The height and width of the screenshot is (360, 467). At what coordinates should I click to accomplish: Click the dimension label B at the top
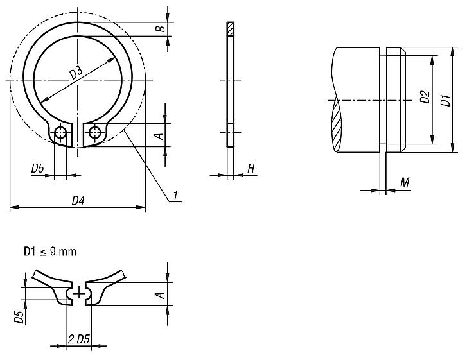click(x=161, y=28)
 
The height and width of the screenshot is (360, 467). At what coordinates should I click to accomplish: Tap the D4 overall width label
click(x=78, y=201)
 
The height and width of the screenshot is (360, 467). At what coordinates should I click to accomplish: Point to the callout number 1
click(x=175, y=194)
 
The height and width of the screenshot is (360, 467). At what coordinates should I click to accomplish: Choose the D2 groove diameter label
click(x=425, y=98)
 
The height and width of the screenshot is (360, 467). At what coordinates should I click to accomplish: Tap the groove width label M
click(x=405, y=184)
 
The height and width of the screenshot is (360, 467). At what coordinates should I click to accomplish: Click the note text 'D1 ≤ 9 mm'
click(x=49, y=252)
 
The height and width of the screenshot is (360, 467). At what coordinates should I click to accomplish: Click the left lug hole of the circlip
click(x=61, y=133)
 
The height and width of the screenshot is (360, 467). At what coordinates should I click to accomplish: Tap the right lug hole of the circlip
click(x=94, y=133)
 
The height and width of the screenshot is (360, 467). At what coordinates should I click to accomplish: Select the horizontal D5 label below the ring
click(x=38, y=169)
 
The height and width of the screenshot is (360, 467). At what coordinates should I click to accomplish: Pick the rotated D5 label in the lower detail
click(x=20, y=318)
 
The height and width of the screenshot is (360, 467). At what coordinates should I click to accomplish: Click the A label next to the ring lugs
click(x=156, y=134)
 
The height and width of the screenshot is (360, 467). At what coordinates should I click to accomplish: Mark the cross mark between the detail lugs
click(x=78, y=293)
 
